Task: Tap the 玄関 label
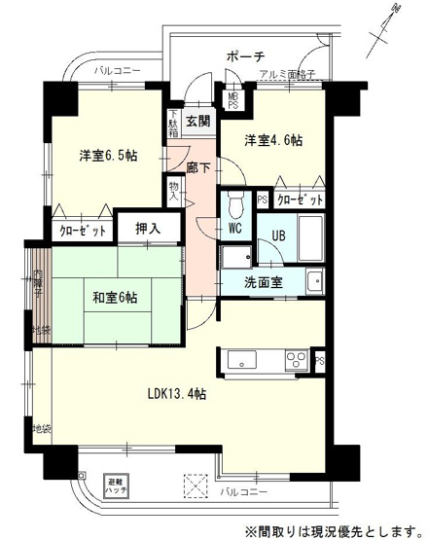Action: point(197,122)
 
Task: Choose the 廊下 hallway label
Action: point(197,166)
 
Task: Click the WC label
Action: point(235,230)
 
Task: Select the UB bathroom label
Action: point(277,234)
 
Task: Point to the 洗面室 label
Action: point(264,282)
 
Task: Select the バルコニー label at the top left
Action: point(118,71)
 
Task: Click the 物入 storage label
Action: point(174,190)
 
